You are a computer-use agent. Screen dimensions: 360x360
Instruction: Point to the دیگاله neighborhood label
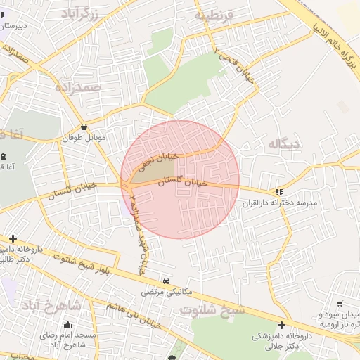click(283, 143)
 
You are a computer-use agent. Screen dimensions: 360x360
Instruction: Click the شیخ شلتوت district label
click(212, 309)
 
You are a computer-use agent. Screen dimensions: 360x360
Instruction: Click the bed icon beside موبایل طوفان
click(85, 127)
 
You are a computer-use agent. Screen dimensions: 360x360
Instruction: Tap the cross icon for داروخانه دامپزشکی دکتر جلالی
click(281, 325)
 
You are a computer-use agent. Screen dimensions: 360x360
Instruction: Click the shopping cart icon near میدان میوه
click(340, 303)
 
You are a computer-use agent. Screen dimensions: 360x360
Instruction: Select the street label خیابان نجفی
click(155, 160)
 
